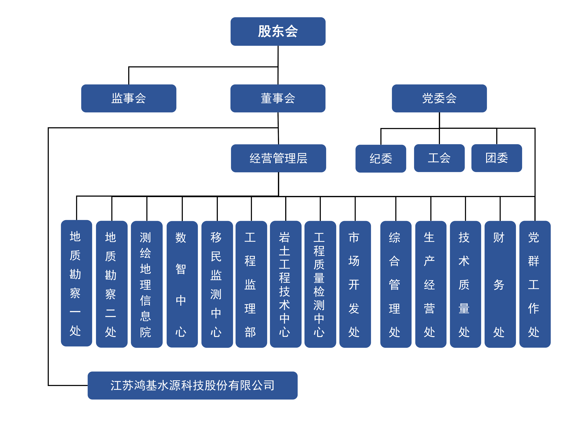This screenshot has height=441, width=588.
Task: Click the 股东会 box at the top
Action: click(278, 31)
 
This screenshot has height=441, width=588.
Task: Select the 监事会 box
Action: click(129, 98)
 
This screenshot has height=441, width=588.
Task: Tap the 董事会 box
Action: click(278, 98)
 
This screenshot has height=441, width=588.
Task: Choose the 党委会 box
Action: click(439, 98)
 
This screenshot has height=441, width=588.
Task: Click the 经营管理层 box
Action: click(278, 158)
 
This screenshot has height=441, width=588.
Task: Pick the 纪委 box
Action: click(381, 158)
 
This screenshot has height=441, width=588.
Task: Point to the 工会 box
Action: click(439, 158)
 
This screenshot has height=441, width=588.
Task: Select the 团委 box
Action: click(497, 158)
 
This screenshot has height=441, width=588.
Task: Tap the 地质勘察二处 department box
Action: click(112, 284)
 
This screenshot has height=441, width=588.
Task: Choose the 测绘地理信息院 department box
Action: click(147, 284)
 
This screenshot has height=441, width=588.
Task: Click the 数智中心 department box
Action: click(182, 284)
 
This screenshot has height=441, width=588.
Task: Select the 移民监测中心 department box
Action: click(217, 284)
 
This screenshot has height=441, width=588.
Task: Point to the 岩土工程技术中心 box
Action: click(285, 284)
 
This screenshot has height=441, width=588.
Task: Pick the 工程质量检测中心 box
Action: click(320, 284)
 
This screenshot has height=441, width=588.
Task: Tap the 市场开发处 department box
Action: click(355, 284)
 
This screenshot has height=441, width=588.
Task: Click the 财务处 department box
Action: click(500, 284)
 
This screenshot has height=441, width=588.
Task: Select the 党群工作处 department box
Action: click(535, 284)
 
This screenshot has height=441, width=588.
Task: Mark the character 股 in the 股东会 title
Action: click(264, 31)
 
